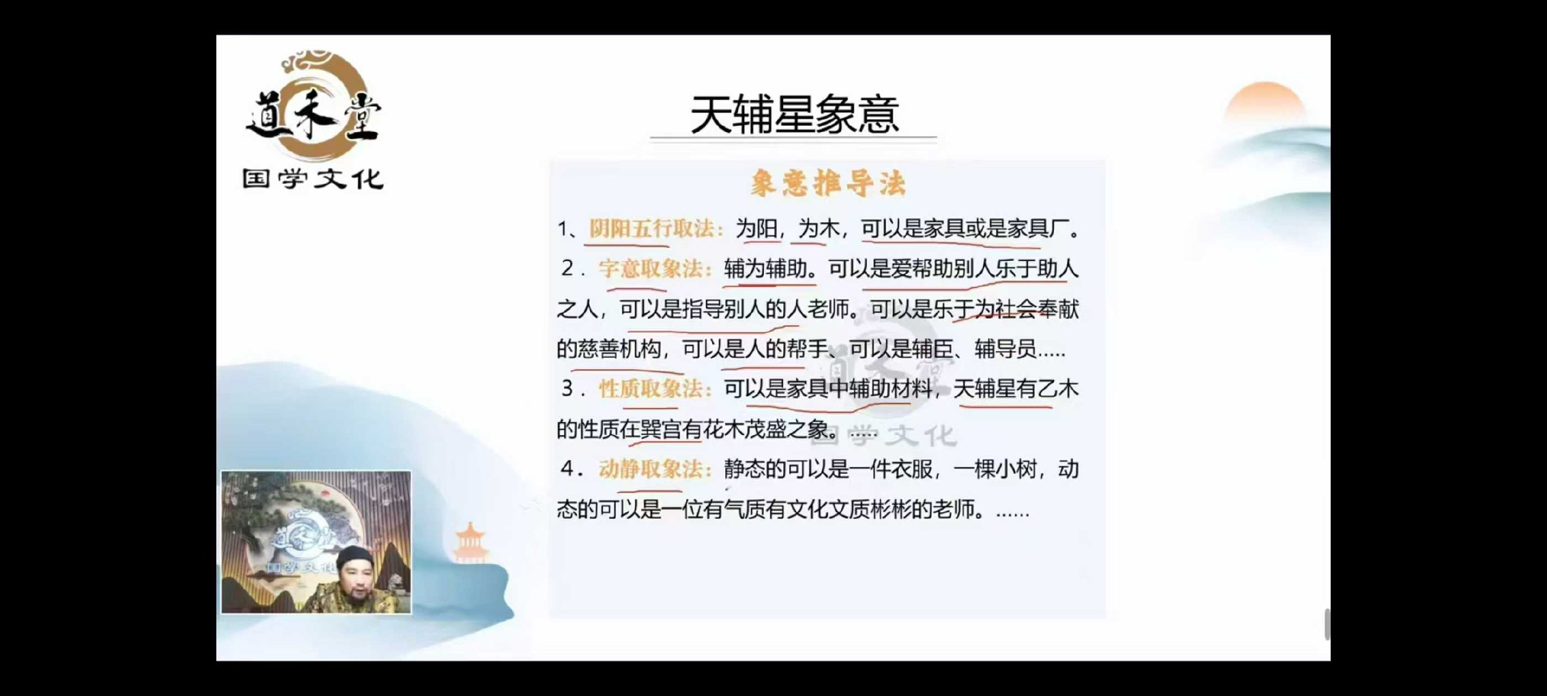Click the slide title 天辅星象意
[794, 115]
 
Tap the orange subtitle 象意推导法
[828, 182]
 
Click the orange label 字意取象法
[653, 268]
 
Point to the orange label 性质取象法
[653, 388]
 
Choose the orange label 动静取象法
[653, 469]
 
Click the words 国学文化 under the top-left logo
[313, 179]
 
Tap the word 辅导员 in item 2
[1006, 349]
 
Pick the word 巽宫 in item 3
[661, 429]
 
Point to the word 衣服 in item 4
[912, 469]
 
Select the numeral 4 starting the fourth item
[567, 469]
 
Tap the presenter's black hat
[355, 557]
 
